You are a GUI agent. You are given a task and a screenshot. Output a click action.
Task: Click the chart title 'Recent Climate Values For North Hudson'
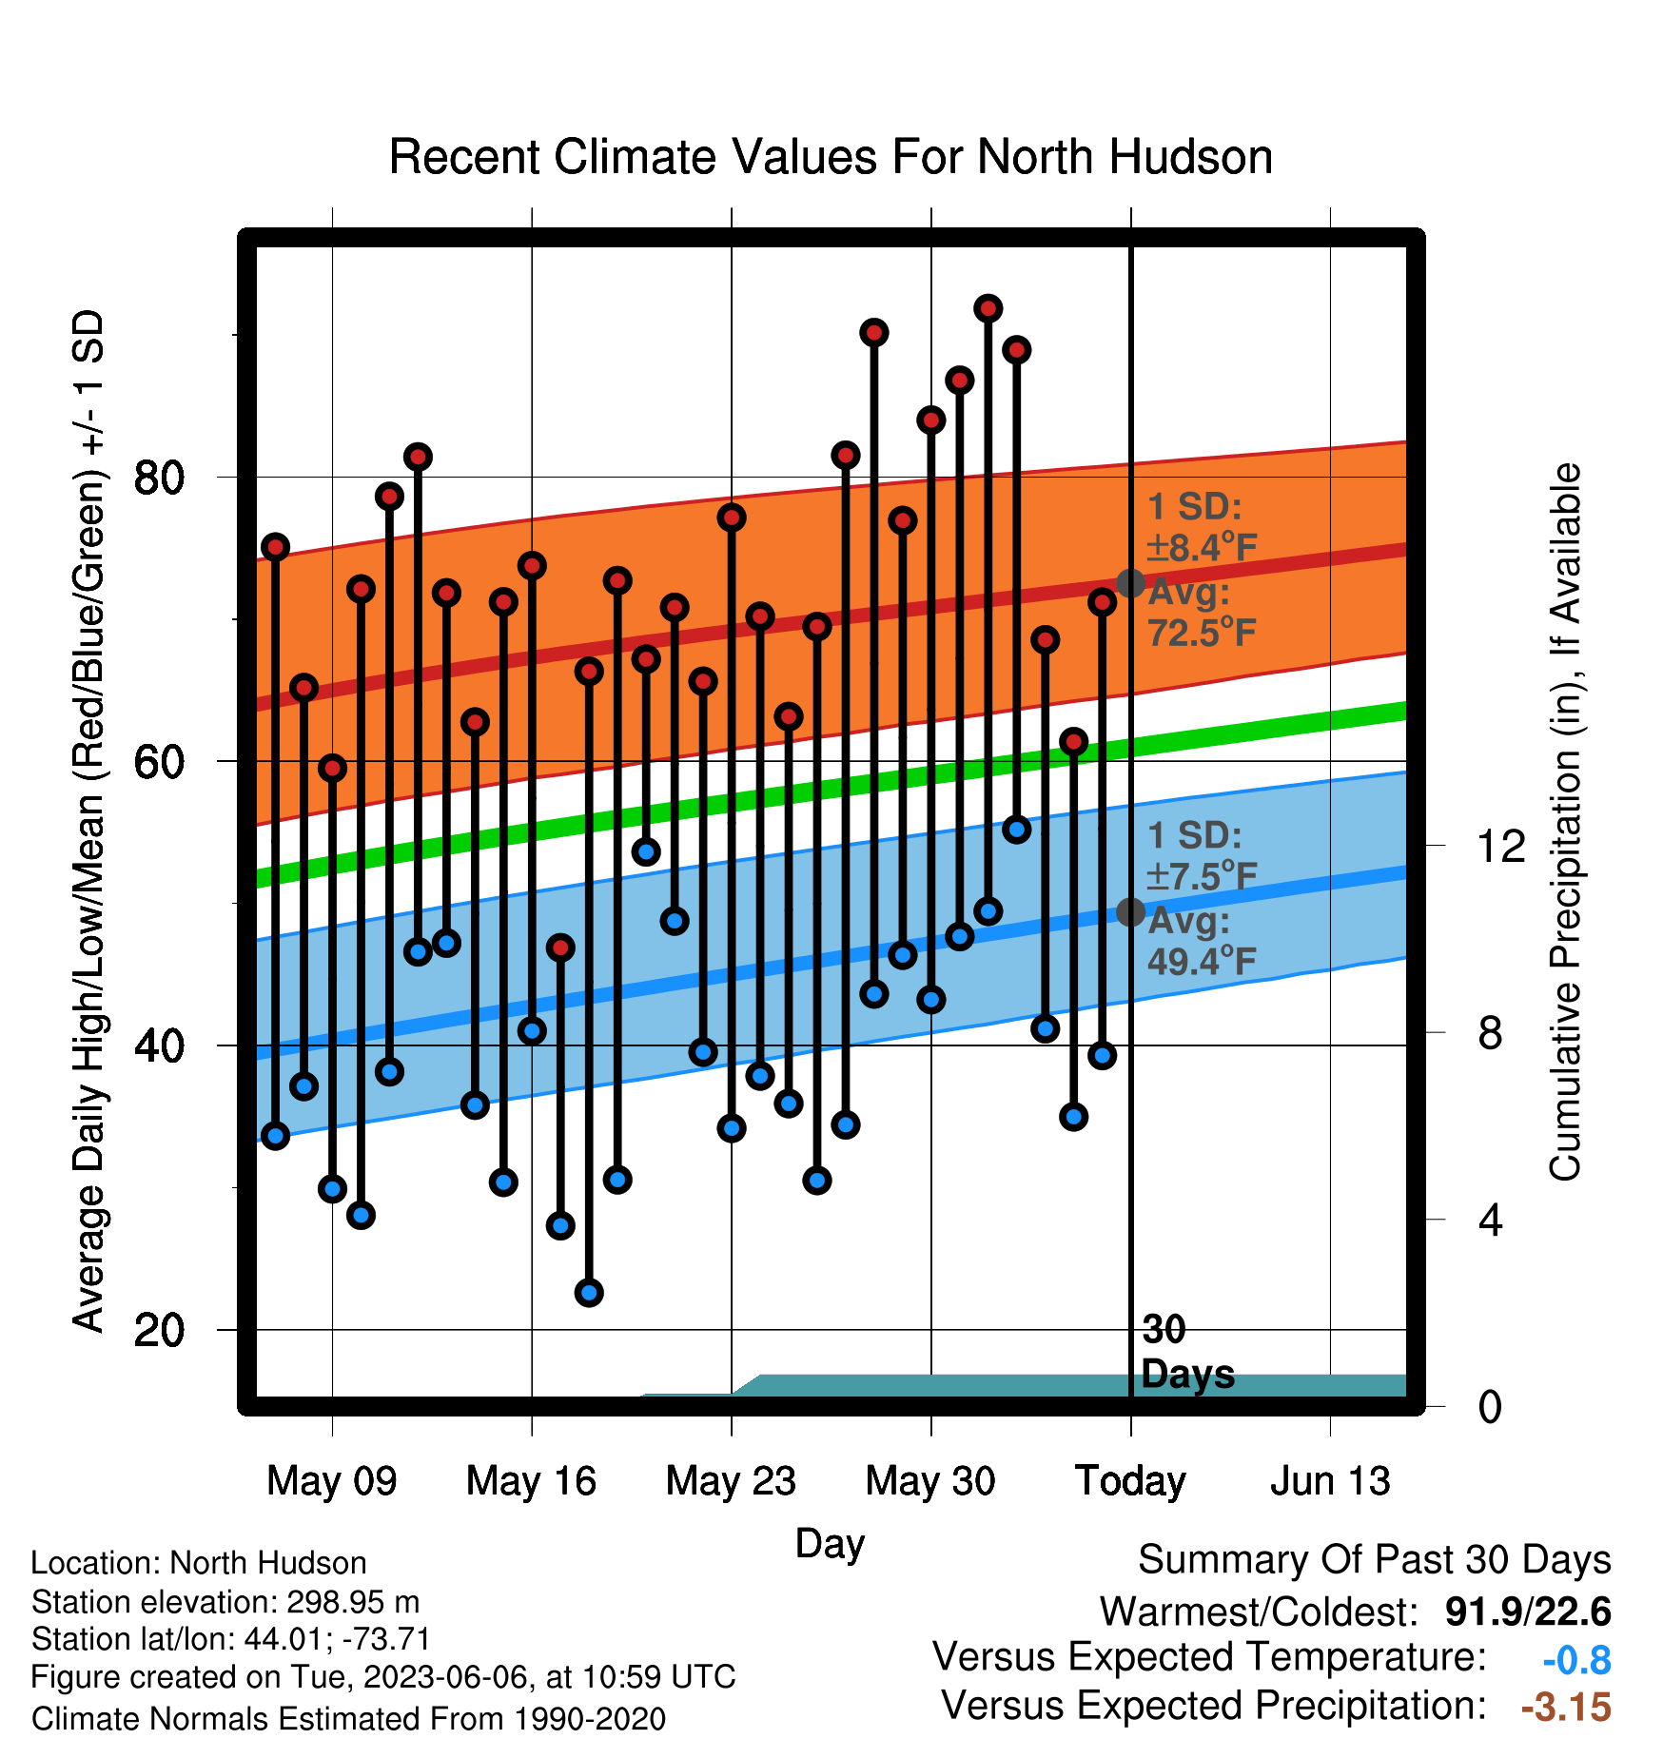(831, 157)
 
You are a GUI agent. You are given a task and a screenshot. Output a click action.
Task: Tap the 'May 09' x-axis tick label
(332, 1481)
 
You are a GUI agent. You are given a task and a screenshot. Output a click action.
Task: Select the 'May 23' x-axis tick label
(731, 1481)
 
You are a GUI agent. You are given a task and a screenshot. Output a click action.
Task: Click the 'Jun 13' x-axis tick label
(1330, 1481)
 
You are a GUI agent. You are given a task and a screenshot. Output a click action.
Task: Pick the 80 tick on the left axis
(159, 477)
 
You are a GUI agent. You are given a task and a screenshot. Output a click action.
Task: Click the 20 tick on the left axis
(159, 1330)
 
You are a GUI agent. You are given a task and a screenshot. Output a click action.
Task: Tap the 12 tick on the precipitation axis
(1500, 846)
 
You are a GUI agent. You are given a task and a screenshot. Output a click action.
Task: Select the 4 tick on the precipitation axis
(1490, 1220)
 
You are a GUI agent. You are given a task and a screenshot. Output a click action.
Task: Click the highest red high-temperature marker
(988, 308)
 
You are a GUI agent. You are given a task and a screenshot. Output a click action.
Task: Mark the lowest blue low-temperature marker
(589, 1293)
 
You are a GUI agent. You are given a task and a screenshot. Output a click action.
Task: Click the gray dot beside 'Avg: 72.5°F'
(1130, 583)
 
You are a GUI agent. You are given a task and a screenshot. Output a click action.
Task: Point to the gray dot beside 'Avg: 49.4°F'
(1130, 911)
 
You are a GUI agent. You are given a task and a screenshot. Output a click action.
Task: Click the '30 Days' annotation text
(1187, 1352)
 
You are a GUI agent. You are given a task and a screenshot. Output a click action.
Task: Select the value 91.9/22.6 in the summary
(1528, 1612)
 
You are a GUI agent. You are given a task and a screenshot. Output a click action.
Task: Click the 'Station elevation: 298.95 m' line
(225, 1602)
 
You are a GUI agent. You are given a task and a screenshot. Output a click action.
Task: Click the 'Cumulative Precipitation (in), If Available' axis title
(1565, 822)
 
